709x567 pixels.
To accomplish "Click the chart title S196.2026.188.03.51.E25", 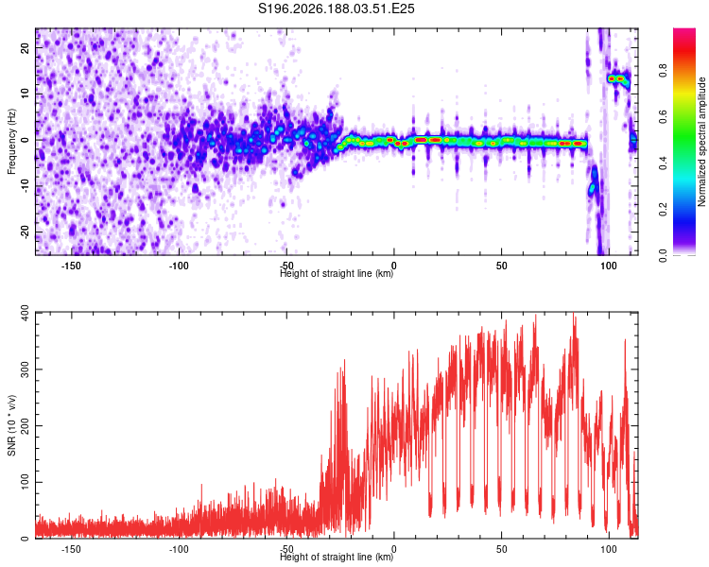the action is point(336,9).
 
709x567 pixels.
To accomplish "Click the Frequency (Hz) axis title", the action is point(11,141).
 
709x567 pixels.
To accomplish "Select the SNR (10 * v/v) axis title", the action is point(11,425).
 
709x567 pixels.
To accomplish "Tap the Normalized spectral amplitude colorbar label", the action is point(701,142).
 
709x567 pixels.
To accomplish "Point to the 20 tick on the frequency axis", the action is point(26,48).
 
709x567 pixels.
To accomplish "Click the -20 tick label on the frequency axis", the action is point(26,232).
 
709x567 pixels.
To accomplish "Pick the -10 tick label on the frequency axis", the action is point(26,186).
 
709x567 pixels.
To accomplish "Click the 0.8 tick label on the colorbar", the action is point(663,71).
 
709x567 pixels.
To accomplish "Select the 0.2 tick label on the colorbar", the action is point(663,209).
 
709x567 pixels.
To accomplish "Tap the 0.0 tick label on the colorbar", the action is point(663,255).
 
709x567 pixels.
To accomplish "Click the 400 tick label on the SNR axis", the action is point(26,313).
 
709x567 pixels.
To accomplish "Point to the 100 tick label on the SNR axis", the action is point(26,482).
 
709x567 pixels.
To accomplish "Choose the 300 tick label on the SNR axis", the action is point(26,369).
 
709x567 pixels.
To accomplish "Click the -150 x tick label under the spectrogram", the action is point(71,266).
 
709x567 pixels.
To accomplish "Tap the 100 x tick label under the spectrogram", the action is point(609,266).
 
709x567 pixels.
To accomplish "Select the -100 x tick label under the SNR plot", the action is point(178,549).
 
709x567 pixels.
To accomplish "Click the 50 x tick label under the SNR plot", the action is point(501,549).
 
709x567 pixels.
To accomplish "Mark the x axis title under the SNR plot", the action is point(337,557).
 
